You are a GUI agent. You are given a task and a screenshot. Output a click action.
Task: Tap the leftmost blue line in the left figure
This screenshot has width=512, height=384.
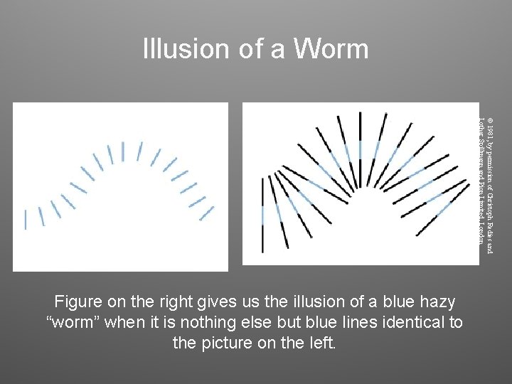click(26, 219)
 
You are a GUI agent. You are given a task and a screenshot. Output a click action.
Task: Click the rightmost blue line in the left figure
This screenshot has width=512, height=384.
click(206, 213)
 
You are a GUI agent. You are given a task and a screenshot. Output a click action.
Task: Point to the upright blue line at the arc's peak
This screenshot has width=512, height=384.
click(122, 151)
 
